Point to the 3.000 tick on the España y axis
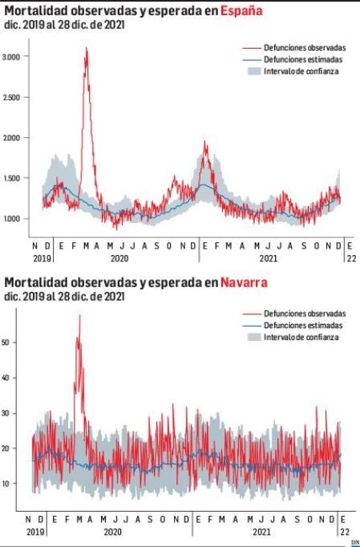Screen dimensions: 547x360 12,56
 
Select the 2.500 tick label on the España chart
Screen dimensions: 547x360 12,97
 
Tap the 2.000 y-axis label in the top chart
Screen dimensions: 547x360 12,138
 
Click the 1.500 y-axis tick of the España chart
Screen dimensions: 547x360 12,178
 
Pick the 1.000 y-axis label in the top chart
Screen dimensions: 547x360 12,219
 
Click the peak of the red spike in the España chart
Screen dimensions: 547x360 86,49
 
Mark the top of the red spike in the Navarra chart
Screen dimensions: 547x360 79,316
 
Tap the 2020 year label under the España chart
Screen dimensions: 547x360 119,259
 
